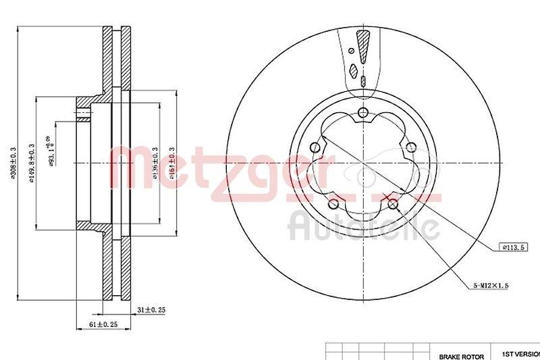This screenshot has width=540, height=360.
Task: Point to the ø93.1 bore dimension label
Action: pyautogui.click(x=52, y=155)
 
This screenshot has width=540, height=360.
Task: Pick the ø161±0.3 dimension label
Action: pyautogui.click(x=173, y=163)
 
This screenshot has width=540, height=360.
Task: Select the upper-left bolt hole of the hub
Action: pyautogui.click(x=315, y=148)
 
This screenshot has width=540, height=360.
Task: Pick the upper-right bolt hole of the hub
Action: pyautogui.click(x=410, y=150)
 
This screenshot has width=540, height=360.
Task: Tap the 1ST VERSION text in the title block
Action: pyautogui.click(x=520, y=353)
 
